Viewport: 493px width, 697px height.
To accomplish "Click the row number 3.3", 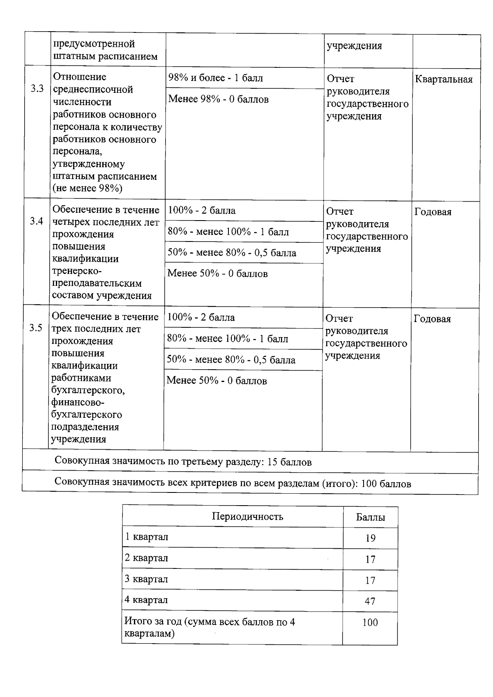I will coord(37,89).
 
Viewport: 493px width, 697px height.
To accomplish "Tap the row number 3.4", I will coord(37,221).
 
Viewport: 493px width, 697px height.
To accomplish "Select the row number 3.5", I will coord(36,328).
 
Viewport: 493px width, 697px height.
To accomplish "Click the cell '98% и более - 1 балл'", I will coord(215,78).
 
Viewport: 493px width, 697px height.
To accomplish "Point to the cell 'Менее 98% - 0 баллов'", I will coord(219,99).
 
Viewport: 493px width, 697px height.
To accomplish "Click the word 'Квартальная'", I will coord(444,79).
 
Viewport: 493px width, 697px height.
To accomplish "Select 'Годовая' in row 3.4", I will coord(433,212).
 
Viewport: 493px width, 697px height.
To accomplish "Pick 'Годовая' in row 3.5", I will coord(432,319).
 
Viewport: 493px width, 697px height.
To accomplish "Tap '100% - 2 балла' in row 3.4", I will coord(201,211).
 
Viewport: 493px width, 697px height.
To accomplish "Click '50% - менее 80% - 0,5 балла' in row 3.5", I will coord(231,360).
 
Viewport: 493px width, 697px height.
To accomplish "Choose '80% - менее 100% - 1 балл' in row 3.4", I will coord(228,232).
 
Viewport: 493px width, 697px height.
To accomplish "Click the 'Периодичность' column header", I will coord(247,516).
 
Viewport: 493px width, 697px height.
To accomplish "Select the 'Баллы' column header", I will coord(370,518).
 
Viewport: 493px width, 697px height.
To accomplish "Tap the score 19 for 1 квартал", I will coord(370,538).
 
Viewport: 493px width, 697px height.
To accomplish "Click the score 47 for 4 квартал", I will coord(370,601).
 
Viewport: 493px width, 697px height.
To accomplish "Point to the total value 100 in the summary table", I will coord(370,623).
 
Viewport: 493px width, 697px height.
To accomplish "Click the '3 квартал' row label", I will coord(146,579).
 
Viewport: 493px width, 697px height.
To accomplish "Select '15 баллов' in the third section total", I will coord(289,462).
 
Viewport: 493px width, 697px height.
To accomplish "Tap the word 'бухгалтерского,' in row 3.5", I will coord(88,390).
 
